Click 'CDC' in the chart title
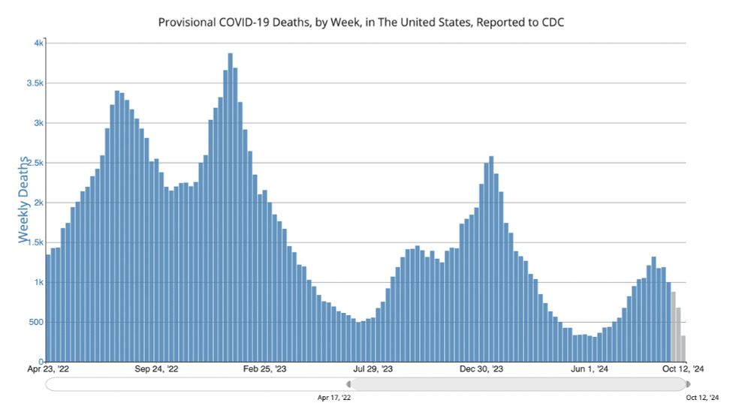click(550, 22)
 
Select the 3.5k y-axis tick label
click(34, 83)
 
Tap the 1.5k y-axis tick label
click(34, 242)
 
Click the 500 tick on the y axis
click(35, 322)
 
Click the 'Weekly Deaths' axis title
click(25, 200)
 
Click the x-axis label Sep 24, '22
click(157, 369)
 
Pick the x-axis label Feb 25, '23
click(265, 369)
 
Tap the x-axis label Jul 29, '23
click(373, 369)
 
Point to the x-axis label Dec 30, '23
click(481, 369)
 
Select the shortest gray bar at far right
click(683, 348)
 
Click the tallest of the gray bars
click(674, 326)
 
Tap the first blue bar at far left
click(48, 308)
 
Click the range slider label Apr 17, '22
click(334, 397)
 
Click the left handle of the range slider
click(348, 384)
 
